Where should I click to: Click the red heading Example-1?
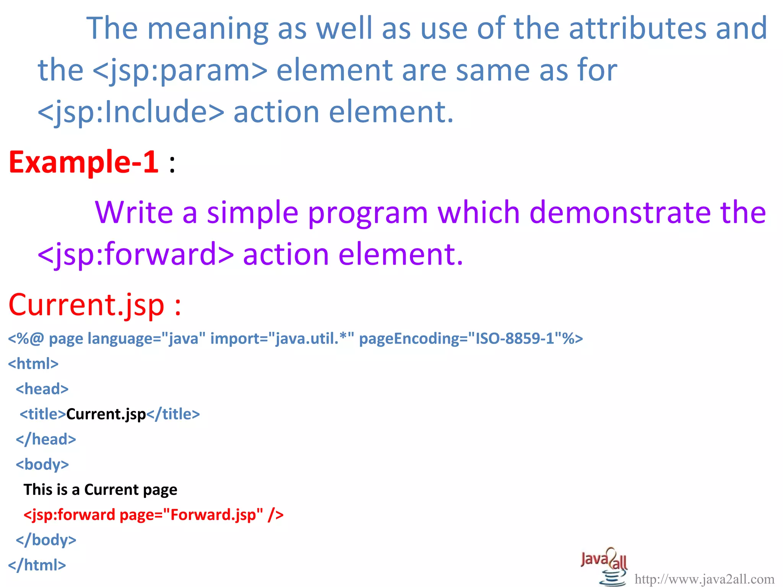pos(83,162)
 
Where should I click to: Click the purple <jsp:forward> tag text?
pos(135,254)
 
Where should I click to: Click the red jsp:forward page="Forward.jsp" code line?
pos(153,515)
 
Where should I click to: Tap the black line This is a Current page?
pos(100,490)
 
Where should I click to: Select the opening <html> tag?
pos(33,363)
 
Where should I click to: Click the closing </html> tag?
pos(37,565)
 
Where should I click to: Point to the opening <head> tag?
pos(42,389)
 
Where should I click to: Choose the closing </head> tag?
pos(46,439)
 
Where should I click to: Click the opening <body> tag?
pos(42,464)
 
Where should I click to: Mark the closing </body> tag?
pos(46,540)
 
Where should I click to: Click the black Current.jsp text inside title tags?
pos(106,414)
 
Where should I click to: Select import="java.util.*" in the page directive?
pos(282,339)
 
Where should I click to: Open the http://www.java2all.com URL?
pos(704,579)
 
